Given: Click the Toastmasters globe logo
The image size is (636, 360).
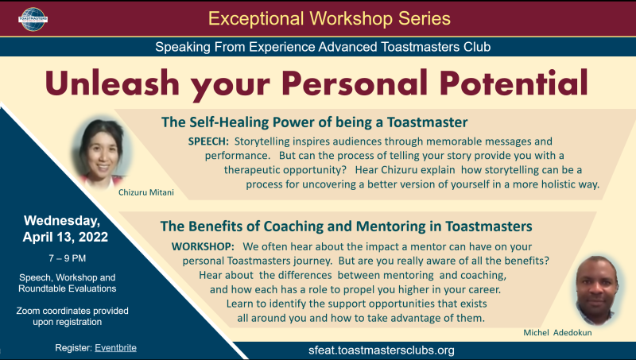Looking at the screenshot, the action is pyautogui.click(x=33, y=19).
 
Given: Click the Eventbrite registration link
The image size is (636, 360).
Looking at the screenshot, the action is pyautogui.click(x=115, y=348).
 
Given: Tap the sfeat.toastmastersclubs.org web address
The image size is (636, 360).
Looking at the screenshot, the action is pyautogui.click(x=382, y=350).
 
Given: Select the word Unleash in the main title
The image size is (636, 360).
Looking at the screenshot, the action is pyautogui.click(x=112, y=83).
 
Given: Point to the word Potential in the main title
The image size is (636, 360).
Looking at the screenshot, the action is pyautogui.click(x=514, y=83).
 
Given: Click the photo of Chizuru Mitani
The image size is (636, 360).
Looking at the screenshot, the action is pyautogui.click(x=102, y=152).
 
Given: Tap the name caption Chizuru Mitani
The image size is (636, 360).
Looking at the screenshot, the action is pyautogui.click(x=146, y=192).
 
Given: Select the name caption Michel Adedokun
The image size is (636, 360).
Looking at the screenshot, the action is pyautogui.click(x=557, y=333).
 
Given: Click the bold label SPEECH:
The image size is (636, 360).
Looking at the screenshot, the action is pyautogui.click(x=208, y=141).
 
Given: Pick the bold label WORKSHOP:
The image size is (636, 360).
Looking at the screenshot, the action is pyautogui.click(x=203, y=246).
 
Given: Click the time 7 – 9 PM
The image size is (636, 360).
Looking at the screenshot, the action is pyautogui.click(x=68, y=258).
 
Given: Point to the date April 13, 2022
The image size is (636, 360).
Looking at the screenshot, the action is pyautogui.click(x=65, y=237).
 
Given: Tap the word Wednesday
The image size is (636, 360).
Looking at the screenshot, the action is pyautogui.click(x=62, y=221).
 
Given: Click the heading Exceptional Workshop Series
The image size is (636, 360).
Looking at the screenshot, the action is pyautogui.click(x=329, y=18).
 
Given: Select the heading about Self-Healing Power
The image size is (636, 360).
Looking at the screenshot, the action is pyautogui.click(x=314, y=122).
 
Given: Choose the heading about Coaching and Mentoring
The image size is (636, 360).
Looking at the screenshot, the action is pyautogui.click(x=346, y=226).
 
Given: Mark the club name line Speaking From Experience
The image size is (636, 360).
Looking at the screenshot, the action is pyautogui.click(x=323, y=47).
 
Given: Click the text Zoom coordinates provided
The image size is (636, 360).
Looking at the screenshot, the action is pyautogui.click(x=72, y=311).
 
